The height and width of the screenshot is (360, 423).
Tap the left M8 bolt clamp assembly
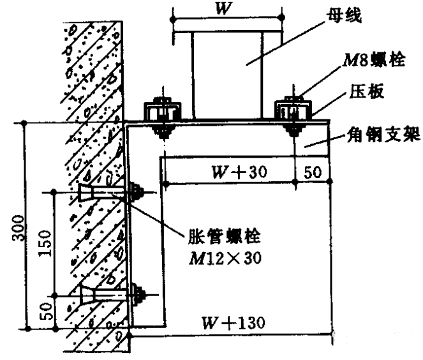pyautogui.click(x=160, y=115)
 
